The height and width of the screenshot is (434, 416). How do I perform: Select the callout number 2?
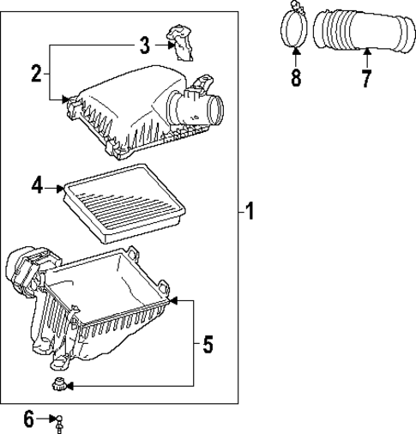tap(36, 74)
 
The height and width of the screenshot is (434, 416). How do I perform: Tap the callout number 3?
tap(145, 45)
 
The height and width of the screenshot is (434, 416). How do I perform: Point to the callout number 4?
tap(37, 185)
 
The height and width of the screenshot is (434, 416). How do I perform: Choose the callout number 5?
tap(208, 345)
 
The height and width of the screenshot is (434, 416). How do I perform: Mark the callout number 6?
tap(29, 419)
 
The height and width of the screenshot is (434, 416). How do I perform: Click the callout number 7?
tap(366, 79)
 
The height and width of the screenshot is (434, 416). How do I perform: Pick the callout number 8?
tap(296, 79)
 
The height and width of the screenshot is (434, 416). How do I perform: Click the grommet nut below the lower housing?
tap(58, 386)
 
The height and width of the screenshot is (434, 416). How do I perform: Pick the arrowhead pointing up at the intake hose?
tap(366, 54)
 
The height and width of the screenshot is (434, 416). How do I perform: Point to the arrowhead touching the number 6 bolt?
tap(51, 419)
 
